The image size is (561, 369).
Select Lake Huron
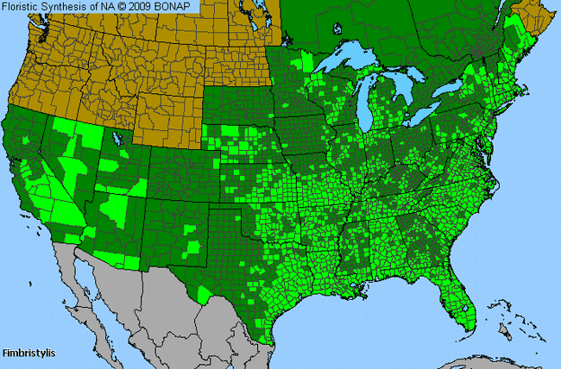(x=405, y=86)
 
